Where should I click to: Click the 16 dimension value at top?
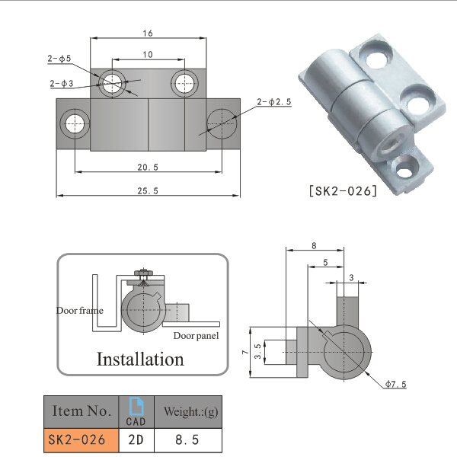[x=148, y=33]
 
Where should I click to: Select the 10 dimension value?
[x=148, y=54]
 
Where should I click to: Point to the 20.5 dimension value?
[x=148, y=167]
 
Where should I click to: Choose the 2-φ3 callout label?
[x=61, y=83]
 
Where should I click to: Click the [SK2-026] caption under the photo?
[x=344, y=191]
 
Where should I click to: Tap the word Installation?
[x=140, y=359]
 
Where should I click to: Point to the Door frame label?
[x=79, y=311]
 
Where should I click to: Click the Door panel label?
[x=196, y=336]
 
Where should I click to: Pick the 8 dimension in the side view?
[x=314, y=245]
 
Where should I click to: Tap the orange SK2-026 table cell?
[x=81, y=439]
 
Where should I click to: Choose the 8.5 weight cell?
[x=187, y=439]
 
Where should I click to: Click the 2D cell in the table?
[x=136, y=439]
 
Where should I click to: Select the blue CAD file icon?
[x=136, y=407]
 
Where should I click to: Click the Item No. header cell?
[x=81, y=412]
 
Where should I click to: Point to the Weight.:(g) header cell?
[x=187, y=412]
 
